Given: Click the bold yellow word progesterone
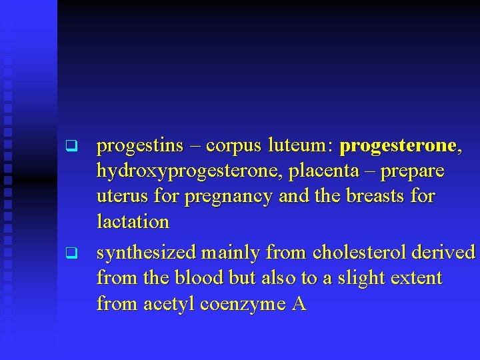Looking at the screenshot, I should (397, 146).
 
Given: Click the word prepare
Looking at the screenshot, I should (413, 172).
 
